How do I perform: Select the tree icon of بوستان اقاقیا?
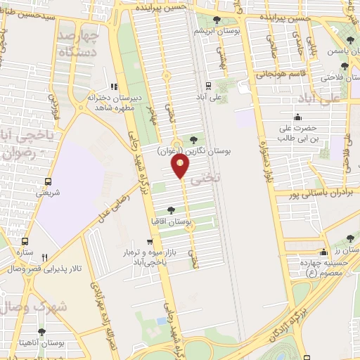(x=172, y=210)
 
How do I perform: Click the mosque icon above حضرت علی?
(x=299, y=117)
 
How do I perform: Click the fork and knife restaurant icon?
(x=45, y=257)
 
